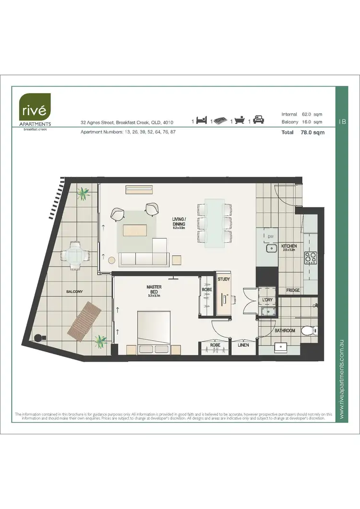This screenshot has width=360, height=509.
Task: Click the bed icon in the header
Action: click(201, 121)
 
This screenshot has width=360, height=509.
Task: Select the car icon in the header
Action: click(259, 120)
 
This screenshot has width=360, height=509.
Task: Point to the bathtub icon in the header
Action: click(240, 121)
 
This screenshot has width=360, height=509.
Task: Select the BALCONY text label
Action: click(74, 291)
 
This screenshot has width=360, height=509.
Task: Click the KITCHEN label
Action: click(289, 246)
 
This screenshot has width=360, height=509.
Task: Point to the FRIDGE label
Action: click(293, 290)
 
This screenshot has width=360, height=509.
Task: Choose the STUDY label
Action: click(224, 279)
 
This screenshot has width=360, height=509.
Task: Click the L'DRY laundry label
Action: click(267, 300)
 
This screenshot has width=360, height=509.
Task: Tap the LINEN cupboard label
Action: click(243, 344)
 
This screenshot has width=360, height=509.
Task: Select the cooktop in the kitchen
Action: click(310, 258)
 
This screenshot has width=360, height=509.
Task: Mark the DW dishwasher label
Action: click(270, 236)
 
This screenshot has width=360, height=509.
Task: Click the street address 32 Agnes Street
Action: click(127, 123)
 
